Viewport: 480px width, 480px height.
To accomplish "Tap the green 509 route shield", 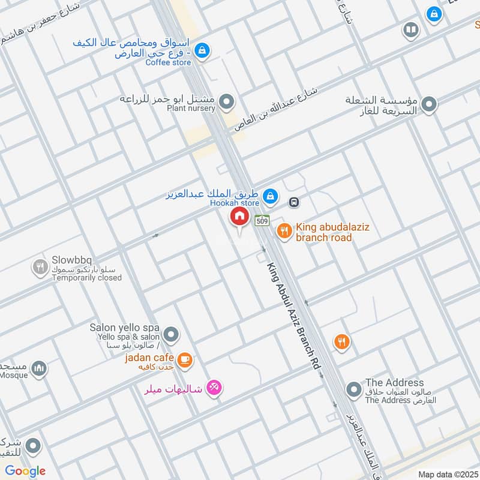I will pyautogui.click(x=262, y=220).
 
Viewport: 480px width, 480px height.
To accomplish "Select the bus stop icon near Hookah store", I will pyautogui.click(x=294, y=202).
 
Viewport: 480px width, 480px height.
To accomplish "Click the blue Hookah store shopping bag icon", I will pyautogui.click(x=271, y=196).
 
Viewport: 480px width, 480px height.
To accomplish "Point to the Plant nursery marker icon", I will pyautogui.click(x=226, y=103).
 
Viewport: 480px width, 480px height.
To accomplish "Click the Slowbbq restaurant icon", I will pyautogui.click(x=40, y=267).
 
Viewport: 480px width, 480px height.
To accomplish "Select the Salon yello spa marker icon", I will pyautogui.click(x=172, y=334).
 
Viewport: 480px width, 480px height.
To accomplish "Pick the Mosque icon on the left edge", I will pyautogui.click(x=39, y=368).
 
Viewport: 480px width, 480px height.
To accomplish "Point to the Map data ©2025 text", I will pyautogui.click(x=446, y=474).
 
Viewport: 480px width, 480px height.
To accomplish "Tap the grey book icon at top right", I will pyautogui.click(x=411, y=30).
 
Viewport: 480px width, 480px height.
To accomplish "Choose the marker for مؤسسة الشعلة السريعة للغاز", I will pyautogui.click(x=428, y=106).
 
